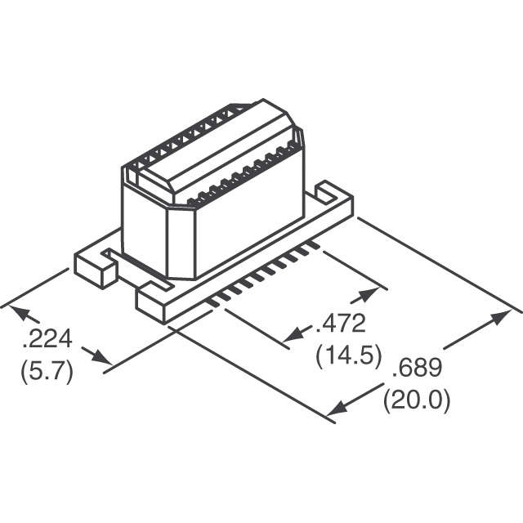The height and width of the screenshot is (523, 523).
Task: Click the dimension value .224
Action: (x=47, y=339)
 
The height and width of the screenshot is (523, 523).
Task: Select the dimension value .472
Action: (x=341, y=324)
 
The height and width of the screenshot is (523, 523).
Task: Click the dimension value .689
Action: (x=417, y=369)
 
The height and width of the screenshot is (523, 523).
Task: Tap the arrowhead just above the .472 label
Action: (x=369, y=294)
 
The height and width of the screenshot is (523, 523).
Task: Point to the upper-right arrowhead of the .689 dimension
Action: (x=499, y=317)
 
